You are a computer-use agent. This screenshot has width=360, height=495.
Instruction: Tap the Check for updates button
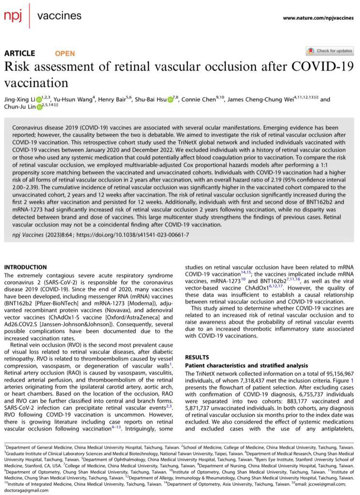pyautogui.click(x=330, y=51)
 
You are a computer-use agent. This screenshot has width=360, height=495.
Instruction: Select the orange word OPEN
pyautogui.click(x=65, y=53)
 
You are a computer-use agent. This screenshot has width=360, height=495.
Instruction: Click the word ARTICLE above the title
pyautogui.click(x=20, y=53)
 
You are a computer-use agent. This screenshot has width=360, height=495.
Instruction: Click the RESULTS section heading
pyautogui.click(x=198, y=357)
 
